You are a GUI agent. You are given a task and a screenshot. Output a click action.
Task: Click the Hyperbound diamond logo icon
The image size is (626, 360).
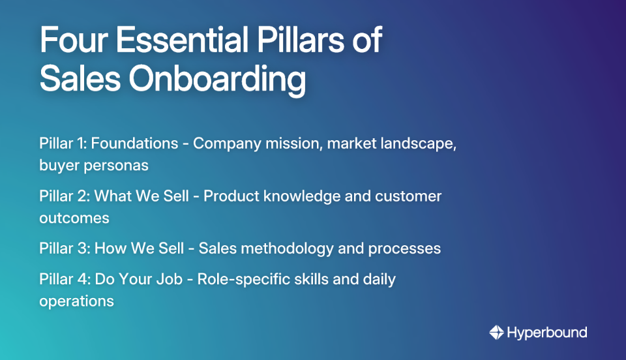pos(497,333)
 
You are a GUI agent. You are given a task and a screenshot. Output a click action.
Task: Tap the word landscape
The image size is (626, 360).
pos(419,143)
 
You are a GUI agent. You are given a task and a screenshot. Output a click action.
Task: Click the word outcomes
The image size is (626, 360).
pos(74,218)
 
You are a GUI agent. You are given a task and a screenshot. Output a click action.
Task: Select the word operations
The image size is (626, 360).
pos(76,301)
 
